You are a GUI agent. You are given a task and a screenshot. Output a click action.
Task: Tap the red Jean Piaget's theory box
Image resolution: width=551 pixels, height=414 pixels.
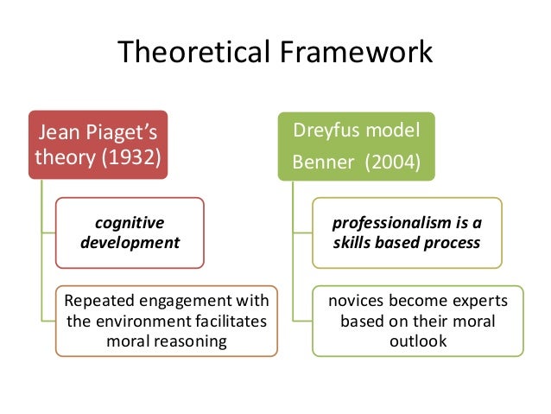[98, 145]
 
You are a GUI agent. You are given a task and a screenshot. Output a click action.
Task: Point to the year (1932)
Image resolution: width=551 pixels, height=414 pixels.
[130, 159]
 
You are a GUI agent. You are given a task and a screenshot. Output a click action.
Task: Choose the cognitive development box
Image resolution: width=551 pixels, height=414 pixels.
[130, 232]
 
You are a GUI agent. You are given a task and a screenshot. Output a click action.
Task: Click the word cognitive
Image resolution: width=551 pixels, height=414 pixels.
[130, 222]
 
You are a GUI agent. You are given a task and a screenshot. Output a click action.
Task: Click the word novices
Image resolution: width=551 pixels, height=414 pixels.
[355, 301]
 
